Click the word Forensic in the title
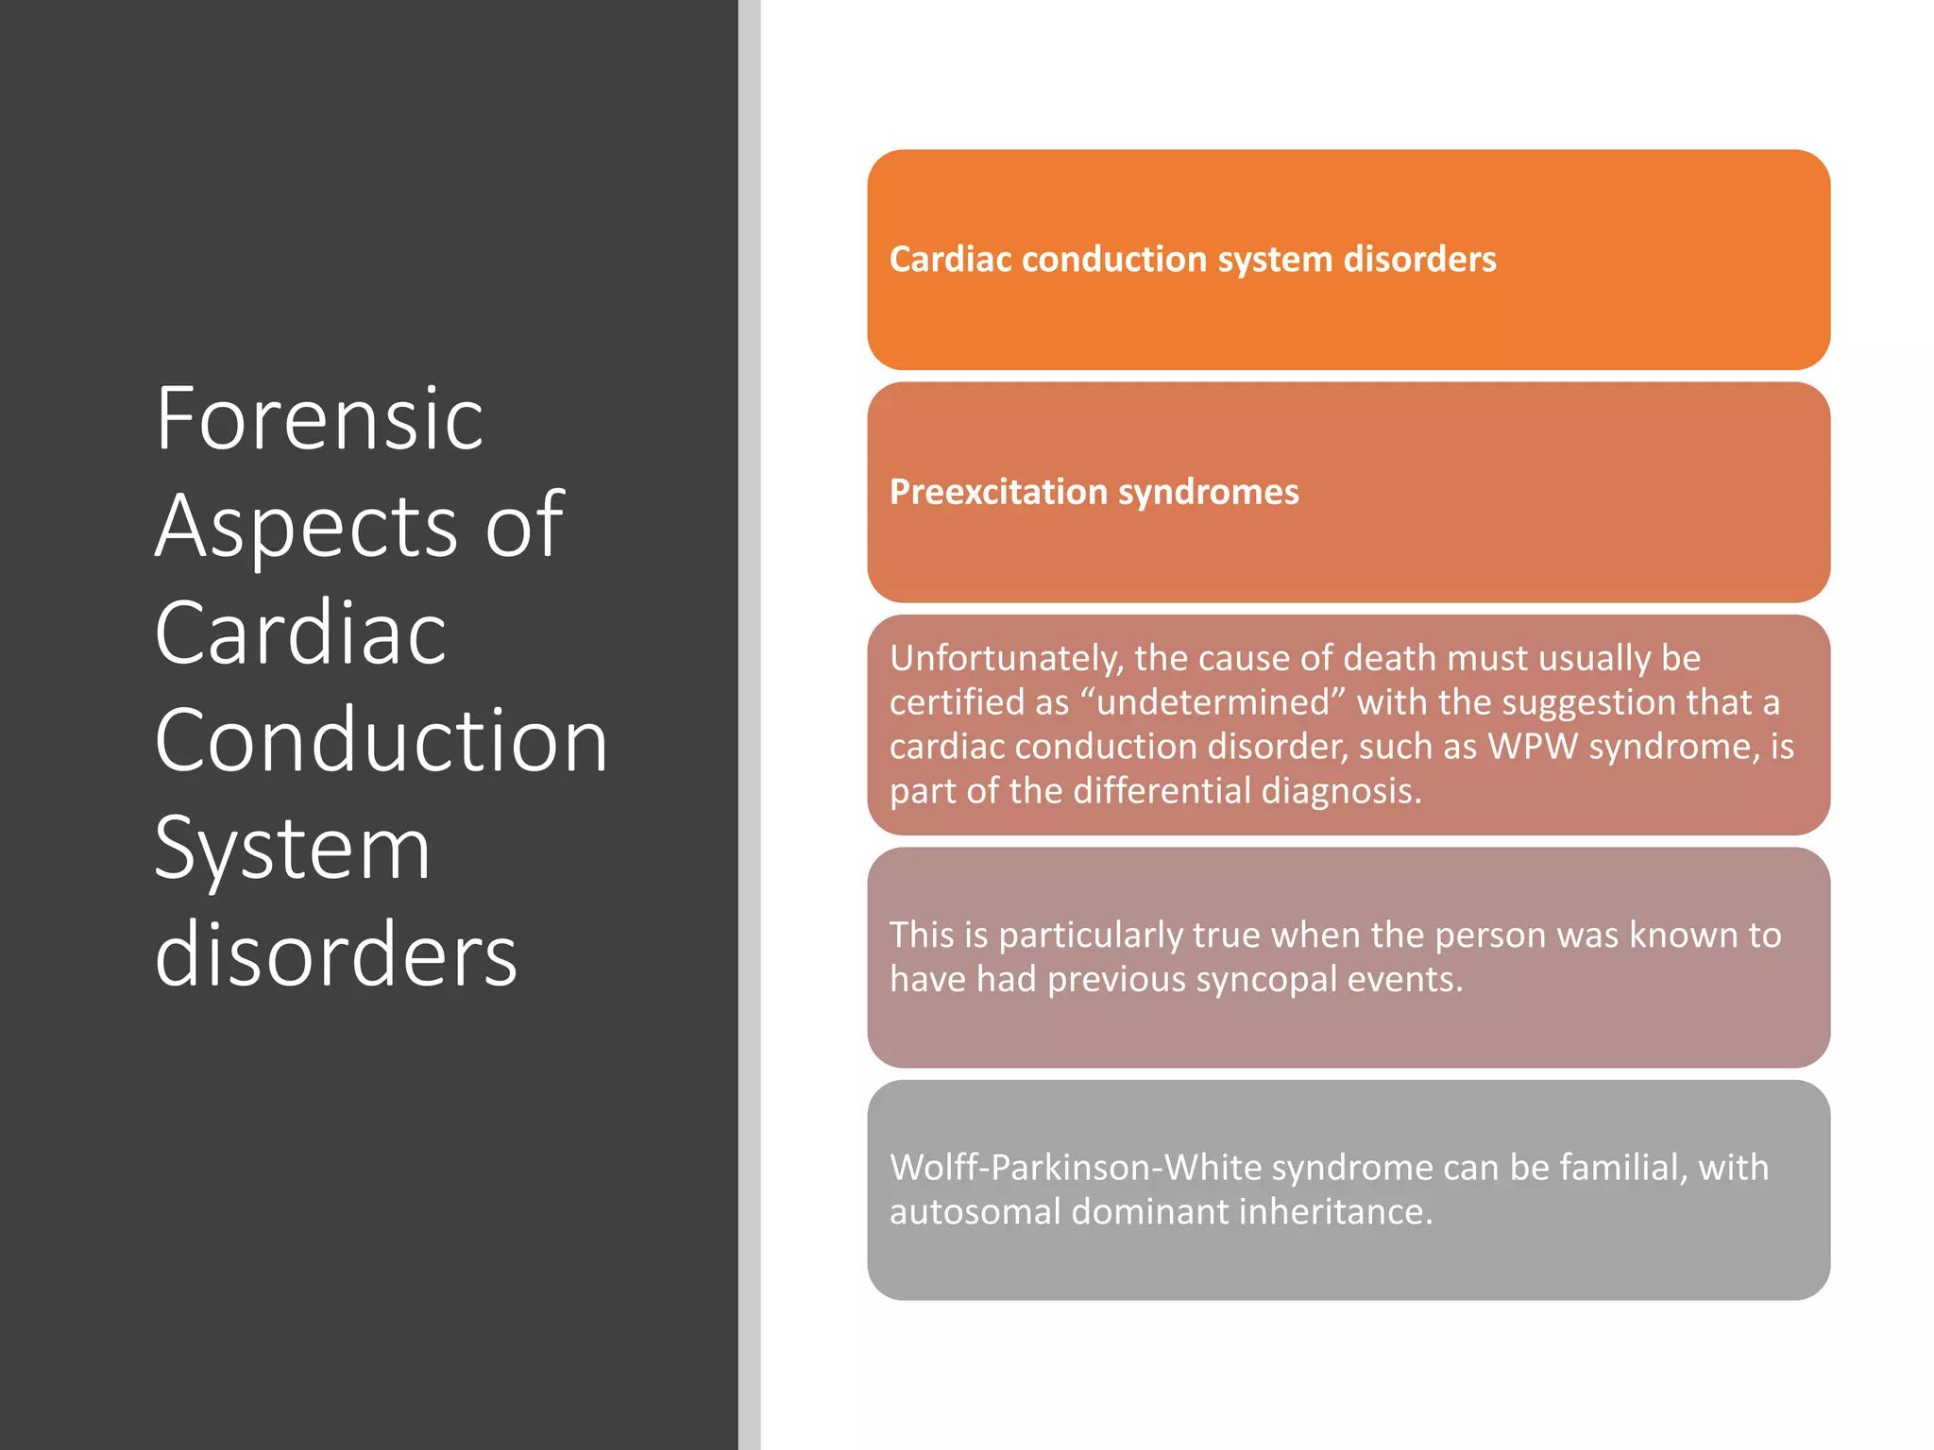tap(319, 419)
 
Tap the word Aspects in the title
tap(307, 527)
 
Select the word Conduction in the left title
tap(381, 742)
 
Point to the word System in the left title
tap(292, 849)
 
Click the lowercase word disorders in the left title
tap(335, 955)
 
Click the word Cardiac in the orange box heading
tap(948, 260)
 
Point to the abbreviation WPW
tap(1533, 747)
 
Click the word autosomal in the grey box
tap(975, 1212)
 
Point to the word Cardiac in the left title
tap(300, 633)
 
